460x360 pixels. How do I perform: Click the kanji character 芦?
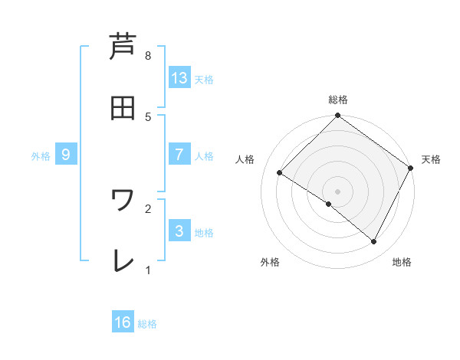[x=123, y=47]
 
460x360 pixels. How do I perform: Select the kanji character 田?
[x=123, y=108]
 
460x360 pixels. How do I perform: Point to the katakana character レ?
[x=123, y=260]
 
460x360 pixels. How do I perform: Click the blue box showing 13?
[x=179, y=78]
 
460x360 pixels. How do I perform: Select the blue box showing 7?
[x=179, y=155]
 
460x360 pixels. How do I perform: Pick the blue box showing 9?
[x=66, y=155]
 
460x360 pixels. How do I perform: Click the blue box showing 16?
[x=123, y=322]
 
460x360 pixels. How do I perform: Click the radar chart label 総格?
[x=338, y=100]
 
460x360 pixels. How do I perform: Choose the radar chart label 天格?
[x=431, y=159]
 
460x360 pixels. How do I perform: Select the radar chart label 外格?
[x=270, y=262]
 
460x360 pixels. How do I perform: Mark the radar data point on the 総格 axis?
[x=338, y=116]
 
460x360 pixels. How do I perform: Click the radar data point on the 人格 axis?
[x=280, y=173]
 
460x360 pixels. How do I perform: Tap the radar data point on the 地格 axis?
[x=374, y=242]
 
